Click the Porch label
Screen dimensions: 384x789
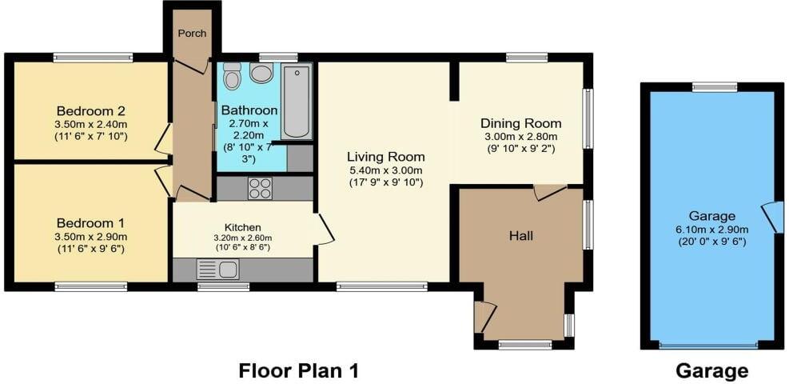(192, 34)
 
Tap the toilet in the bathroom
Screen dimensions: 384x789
(233, 76)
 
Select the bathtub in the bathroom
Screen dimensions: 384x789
(297, 102)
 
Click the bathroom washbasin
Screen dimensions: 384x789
(261, 74)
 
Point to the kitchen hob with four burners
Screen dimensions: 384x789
(260, 188)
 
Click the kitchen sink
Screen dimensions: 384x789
(216, 270)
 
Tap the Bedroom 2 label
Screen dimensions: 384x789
(90, 111)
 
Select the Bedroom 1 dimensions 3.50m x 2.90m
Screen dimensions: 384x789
(90, 236)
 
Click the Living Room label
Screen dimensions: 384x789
(385, 157)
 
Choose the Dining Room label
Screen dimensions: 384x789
(520, 124)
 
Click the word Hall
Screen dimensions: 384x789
(521, 236)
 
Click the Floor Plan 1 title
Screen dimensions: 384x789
(299, 370)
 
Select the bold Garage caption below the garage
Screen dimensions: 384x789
(711, 370)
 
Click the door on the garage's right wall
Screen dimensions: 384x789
(772, 217)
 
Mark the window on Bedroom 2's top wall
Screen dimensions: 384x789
(93, 57)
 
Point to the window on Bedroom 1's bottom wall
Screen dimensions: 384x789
(90, 286)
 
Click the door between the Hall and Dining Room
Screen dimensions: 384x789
(550, 192)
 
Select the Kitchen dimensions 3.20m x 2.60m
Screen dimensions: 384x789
(242, 238)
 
